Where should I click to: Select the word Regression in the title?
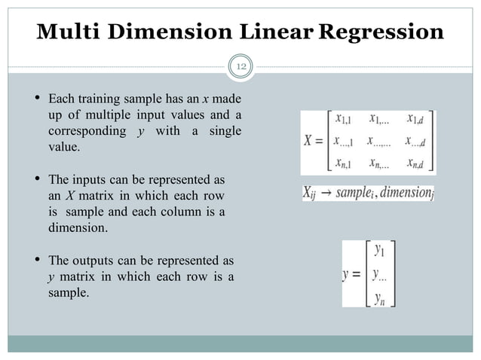[381, 32]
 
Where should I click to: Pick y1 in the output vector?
[381, 249]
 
